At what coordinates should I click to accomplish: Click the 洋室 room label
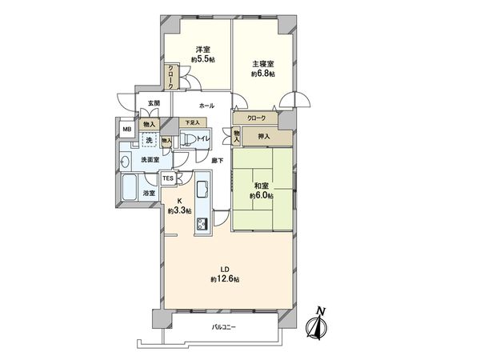tap(201, 50)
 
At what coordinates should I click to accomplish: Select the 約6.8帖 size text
tap(262, 74)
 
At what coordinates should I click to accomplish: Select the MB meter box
tap(126, 129)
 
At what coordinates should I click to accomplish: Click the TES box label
tap(168, 178)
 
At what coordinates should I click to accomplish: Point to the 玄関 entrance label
tap(154, 103)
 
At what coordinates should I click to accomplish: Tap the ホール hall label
tap(206, 106)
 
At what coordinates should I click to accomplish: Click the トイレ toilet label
tap(204, 138)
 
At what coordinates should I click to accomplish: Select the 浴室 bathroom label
tap(148, 194)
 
